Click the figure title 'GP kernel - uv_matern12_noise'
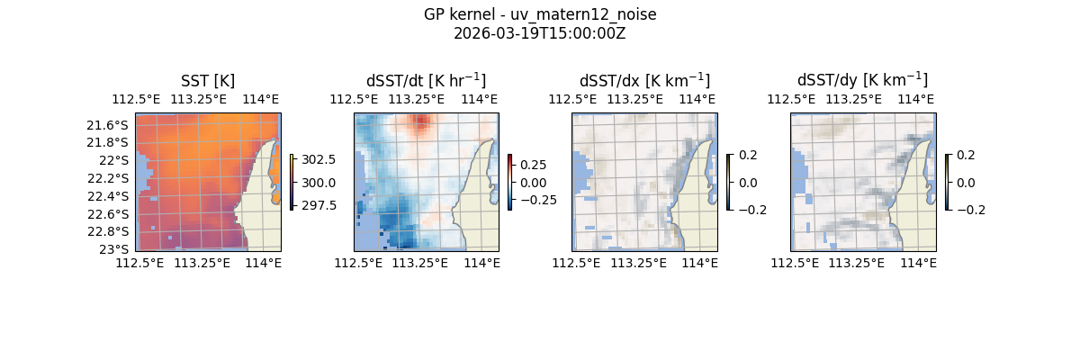(540, 14)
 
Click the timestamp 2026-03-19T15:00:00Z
(540, 34)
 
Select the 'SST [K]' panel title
(208, 81)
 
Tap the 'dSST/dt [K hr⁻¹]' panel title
(426, 81)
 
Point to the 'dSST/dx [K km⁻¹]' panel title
(644, 81)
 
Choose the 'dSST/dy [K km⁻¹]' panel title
(862, 81)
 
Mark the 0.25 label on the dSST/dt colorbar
(534, 165)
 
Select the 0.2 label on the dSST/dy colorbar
(965, 155)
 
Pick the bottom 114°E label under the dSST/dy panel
(919, 263)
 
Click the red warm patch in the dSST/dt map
(420, 122)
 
